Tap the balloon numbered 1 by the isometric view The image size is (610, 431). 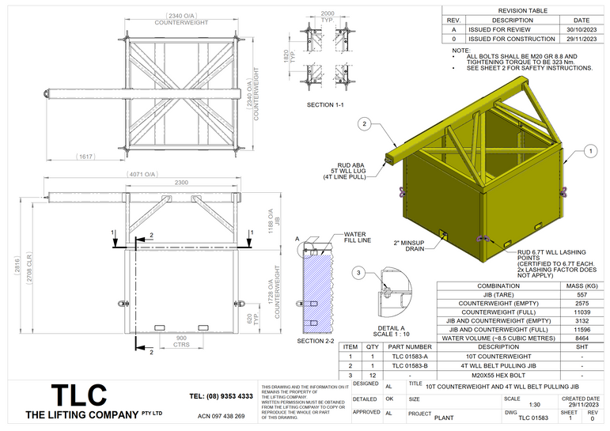coord(590,149)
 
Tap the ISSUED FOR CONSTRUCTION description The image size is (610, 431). coord(511,39)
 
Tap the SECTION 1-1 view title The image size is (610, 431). coord(325,104)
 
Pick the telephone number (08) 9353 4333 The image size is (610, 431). coord(222,395)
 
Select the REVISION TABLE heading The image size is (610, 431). coord(522,9)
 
